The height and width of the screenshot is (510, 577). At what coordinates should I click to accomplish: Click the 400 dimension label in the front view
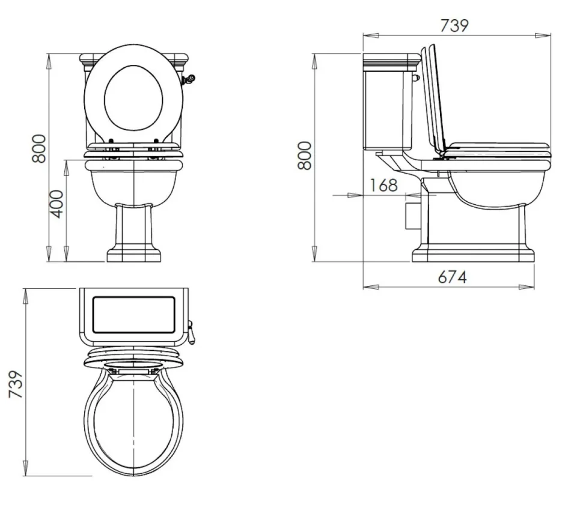point(56,204)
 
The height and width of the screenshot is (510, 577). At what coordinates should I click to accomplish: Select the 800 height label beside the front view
point(39,148)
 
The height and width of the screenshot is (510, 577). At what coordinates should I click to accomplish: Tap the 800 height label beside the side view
point(305,155)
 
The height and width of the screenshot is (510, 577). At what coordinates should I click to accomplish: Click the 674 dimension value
point(452,277)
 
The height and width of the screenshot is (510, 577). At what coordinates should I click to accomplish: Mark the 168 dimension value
point(383,185)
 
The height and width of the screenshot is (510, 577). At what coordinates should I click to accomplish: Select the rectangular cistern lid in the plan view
point(133,315)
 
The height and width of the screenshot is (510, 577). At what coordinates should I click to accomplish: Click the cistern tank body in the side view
point(388,108)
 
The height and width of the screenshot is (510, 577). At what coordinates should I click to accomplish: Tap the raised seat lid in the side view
point(436,99)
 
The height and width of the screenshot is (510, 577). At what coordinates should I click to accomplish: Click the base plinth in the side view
point(473,253)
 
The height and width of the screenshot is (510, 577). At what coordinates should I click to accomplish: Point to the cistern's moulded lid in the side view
point(391,60)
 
